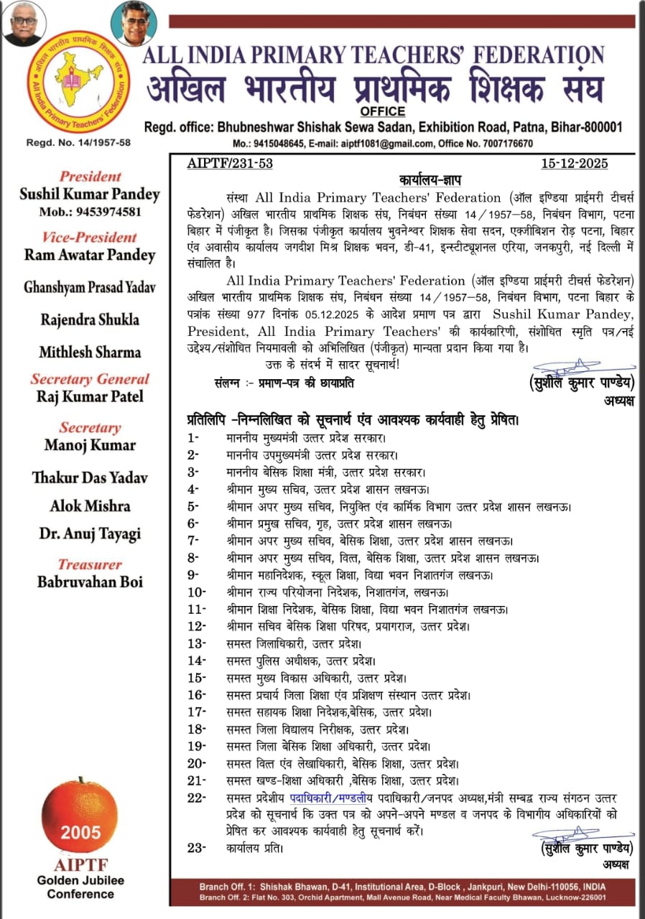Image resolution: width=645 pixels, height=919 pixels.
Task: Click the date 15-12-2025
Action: coord(575,164)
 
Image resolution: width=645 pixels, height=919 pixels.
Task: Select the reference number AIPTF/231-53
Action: coord(230,164)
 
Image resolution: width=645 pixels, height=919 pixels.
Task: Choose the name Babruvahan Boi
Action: coord(91,582)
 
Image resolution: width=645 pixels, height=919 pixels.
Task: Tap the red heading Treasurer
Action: coord(91,565)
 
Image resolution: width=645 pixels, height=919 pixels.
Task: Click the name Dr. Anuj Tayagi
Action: coord(91,534)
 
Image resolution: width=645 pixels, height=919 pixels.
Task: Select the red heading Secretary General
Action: coord(91,379)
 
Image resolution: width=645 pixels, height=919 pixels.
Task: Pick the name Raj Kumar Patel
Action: coord(91,397)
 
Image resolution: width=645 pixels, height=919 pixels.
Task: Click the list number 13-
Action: coord(196,643)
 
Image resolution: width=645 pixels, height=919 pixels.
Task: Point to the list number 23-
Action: coord(196,848)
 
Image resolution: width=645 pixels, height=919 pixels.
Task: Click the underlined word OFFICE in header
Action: coord(383,111)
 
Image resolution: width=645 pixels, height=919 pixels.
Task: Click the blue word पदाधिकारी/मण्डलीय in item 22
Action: coord(340,798)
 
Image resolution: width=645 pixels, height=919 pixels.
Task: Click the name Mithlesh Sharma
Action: coord(91,353)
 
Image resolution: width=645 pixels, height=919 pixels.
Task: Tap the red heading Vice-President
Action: coord(91,238)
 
